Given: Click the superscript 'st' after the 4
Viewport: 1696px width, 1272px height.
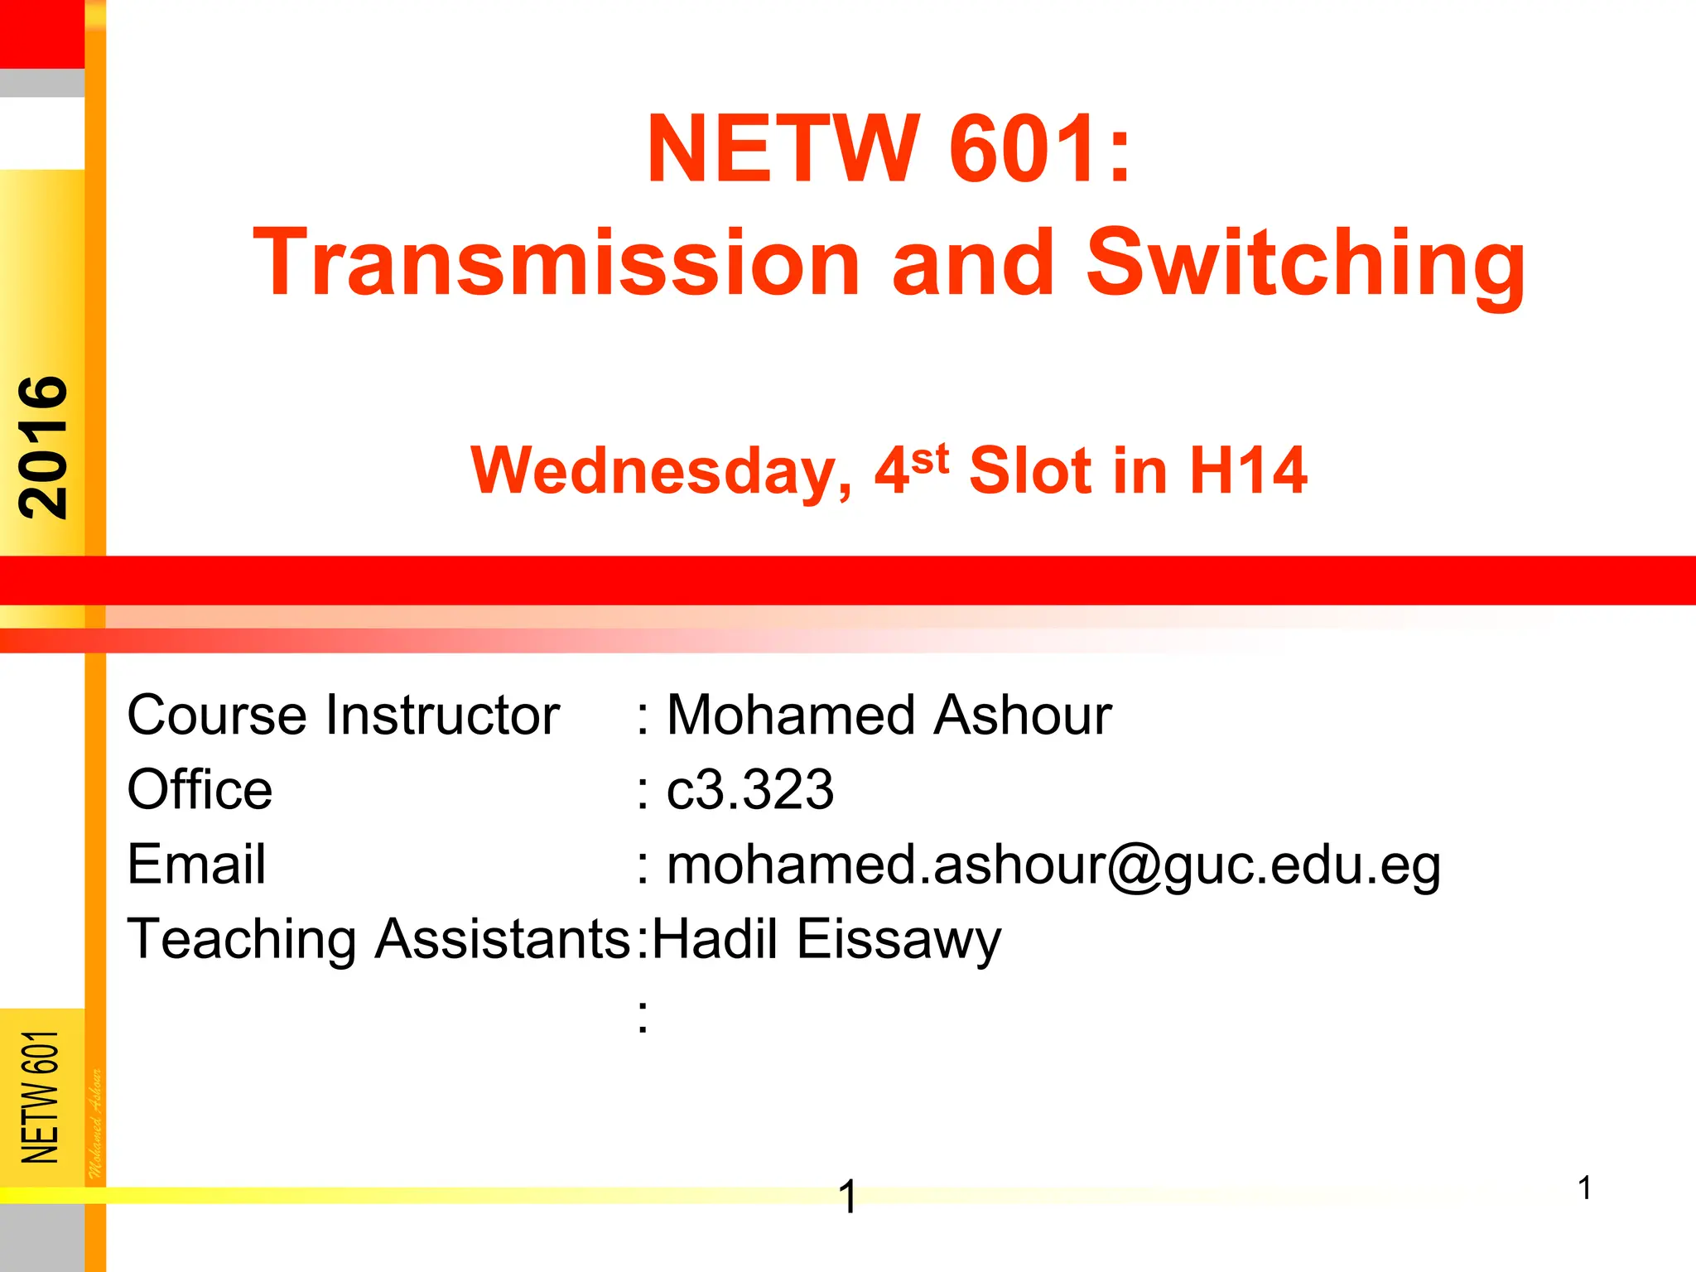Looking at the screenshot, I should coord(929,458).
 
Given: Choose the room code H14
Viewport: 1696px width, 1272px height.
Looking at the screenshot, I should coord(1248,470).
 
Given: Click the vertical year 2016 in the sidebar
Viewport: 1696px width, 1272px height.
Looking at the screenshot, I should coord(43,447).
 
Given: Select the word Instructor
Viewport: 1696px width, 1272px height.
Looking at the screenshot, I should coord(442,715).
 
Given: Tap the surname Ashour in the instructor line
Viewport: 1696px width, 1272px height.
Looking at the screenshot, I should coord(1023,715).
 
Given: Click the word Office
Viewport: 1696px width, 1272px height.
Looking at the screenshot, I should coord(200,789).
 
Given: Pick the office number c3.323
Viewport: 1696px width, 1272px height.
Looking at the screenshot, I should coord(750,789).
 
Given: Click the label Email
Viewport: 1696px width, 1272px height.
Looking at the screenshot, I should coord(196,864).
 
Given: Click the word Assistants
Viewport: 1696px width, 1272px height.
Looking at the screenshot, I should coord(503,939).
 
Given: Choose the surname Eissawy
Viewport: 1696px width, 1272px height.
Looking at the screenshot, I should coord(899,941).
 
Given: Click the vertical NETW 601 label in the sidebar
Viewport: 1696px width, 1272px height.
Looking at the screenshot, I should coord(41,1096).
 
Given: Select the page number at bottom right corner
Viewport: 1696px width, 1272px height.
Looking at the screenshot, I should coord(1584,1188).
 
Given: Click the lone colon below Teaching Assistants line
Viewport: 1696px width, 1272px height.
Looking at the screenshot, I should coord(643,1016).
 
